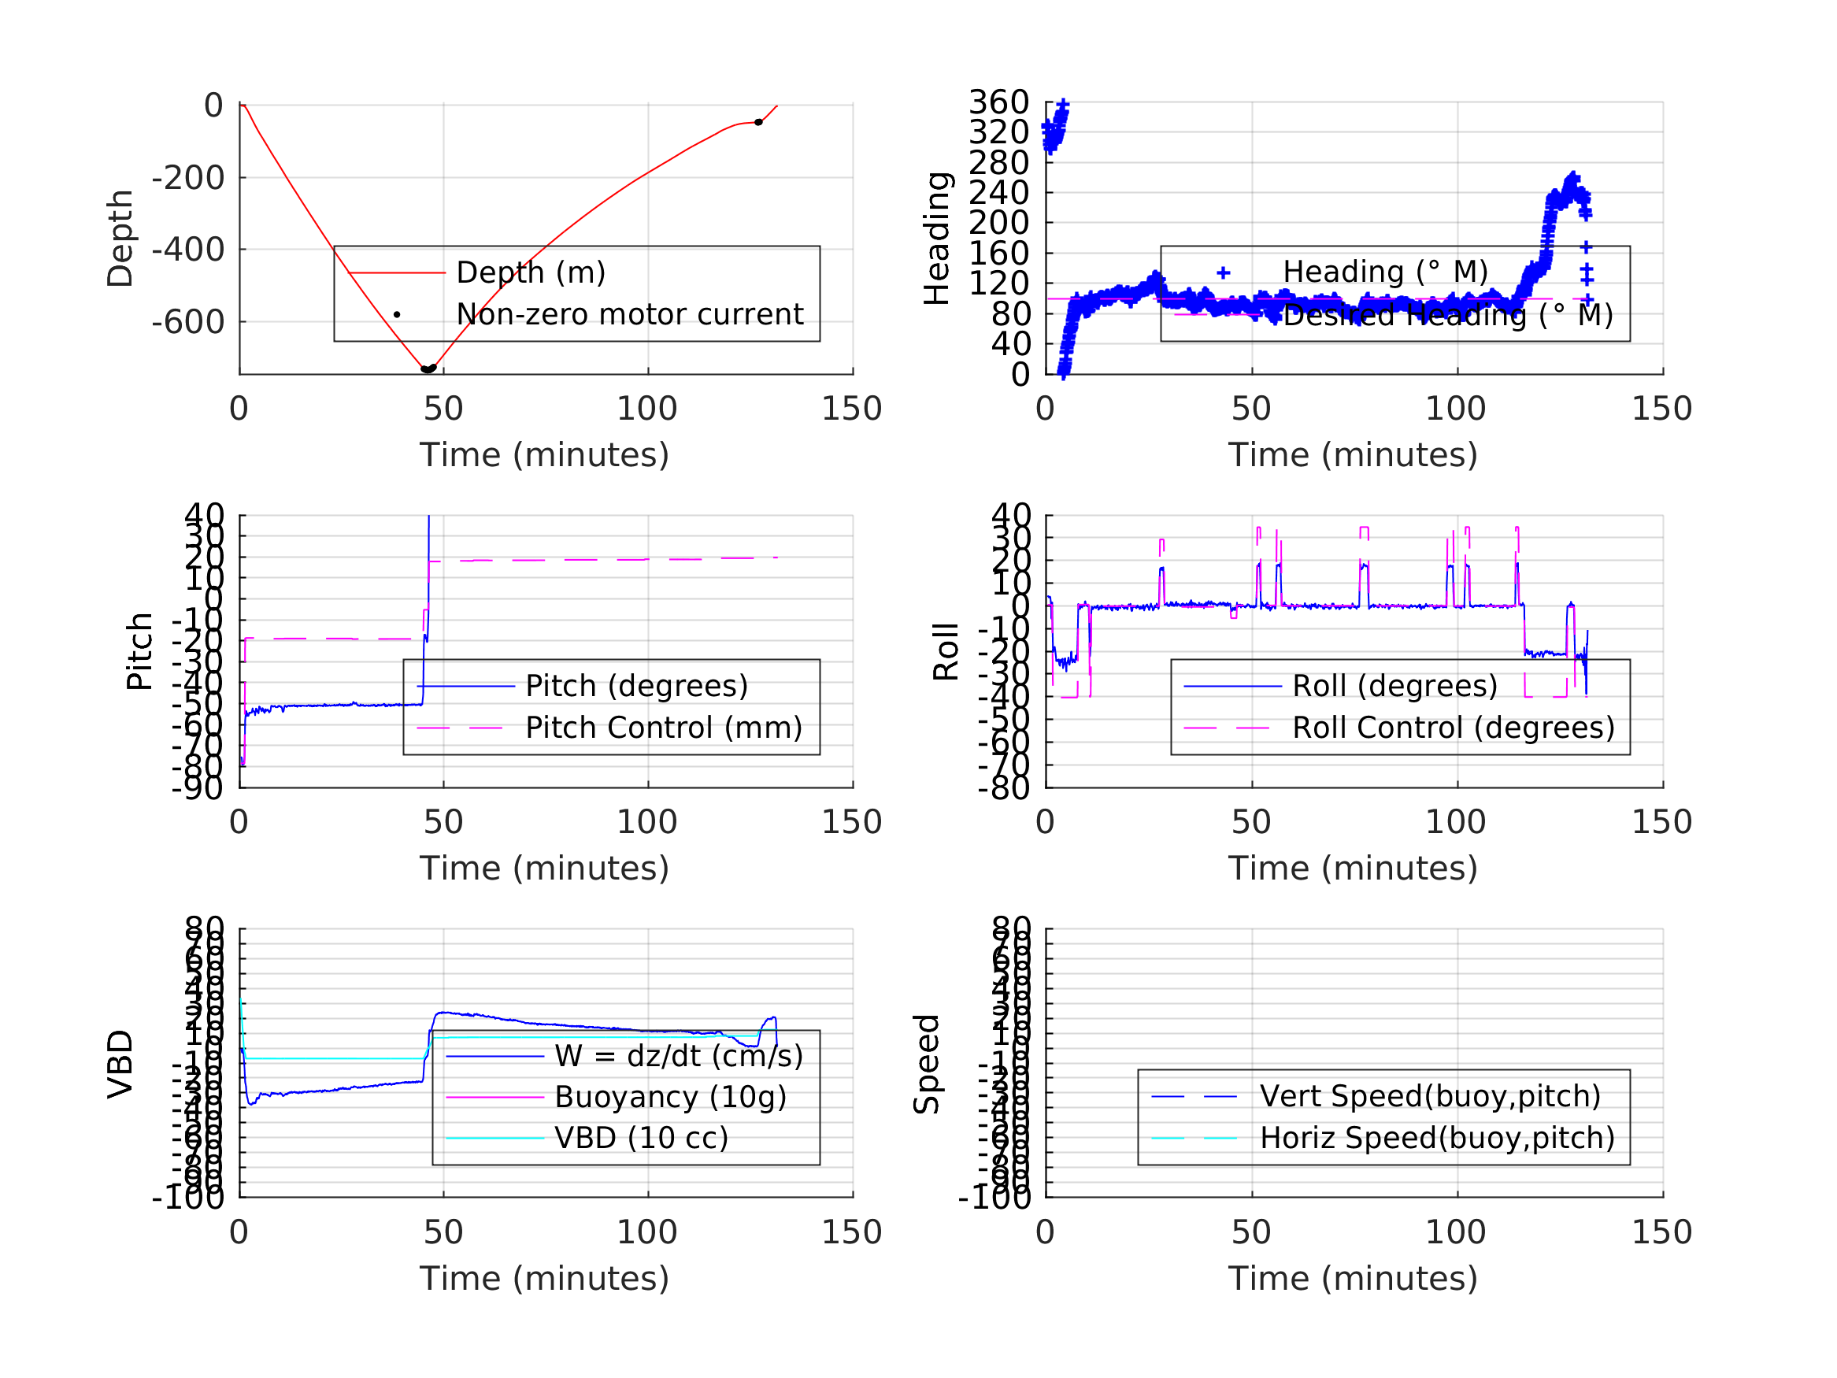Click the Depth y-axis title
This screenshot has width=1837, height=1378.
(120, 239)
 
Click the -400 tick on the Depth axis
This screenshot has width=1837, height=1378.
(187, 249)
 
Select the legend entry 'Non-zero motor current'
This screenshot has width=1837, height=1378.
(629, 315)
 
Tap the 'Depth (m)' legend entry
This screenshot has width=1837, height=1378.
(531, 272)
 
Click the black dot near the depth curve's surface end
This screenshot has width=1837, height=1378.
(758, 123)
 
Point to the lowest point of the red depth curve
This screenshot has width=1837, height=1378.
(426, 369)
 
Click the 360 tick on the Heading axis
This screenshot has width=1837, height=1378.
(998, 102)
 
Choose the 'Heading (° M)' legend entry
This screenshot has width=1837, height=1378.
(1384, 272)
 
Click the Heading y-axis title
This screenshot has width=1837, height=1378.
(937, 239)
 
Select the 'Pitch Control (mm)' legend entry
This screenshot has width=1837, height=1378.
(664, 728)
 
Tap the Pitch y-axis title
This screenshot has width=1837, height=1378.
(139, 651)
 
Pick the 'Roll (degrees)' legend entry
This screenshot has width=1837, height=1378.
(1394, 686)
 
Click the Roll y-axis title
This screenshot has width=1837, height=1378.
(946, 651)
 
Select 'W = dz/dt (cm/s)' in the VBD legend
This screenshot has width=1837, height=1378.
(679, 1056)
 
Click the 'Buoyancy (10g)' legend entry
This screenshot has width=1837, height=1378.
(670, 1097)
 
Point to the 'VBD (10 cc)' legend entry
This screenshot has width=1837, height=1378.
(641, 1138)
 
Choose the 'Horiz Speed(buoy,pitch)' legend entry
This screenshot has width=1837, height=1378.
(1437, 1138)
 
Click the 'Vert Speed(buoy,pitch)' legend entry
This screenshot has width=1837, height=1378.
(1429, 1096)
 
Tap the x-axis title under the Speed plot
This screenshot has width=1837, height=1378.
(1352, 1278)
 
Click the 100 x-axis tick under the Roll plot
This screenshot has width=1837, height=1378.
(1456, 822)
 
